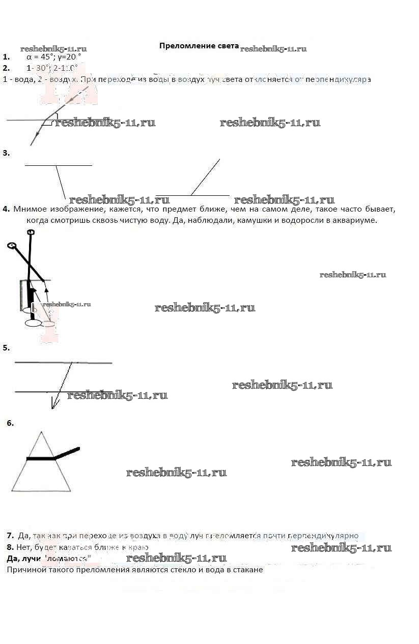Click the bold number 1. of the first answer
[6, 57]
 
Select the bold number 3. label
[6, 153]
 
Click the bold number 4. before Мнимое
[6, 209]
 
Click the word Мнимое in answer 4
[30, 209]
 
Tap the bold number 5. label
[6, 348]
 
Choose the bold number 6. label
[10, 423]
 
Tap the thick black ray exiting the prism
[68, 452]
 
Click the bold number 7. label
[10, 535]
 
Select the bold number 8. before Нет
[10, 547]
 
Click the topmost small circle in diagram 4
[31, 232]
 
